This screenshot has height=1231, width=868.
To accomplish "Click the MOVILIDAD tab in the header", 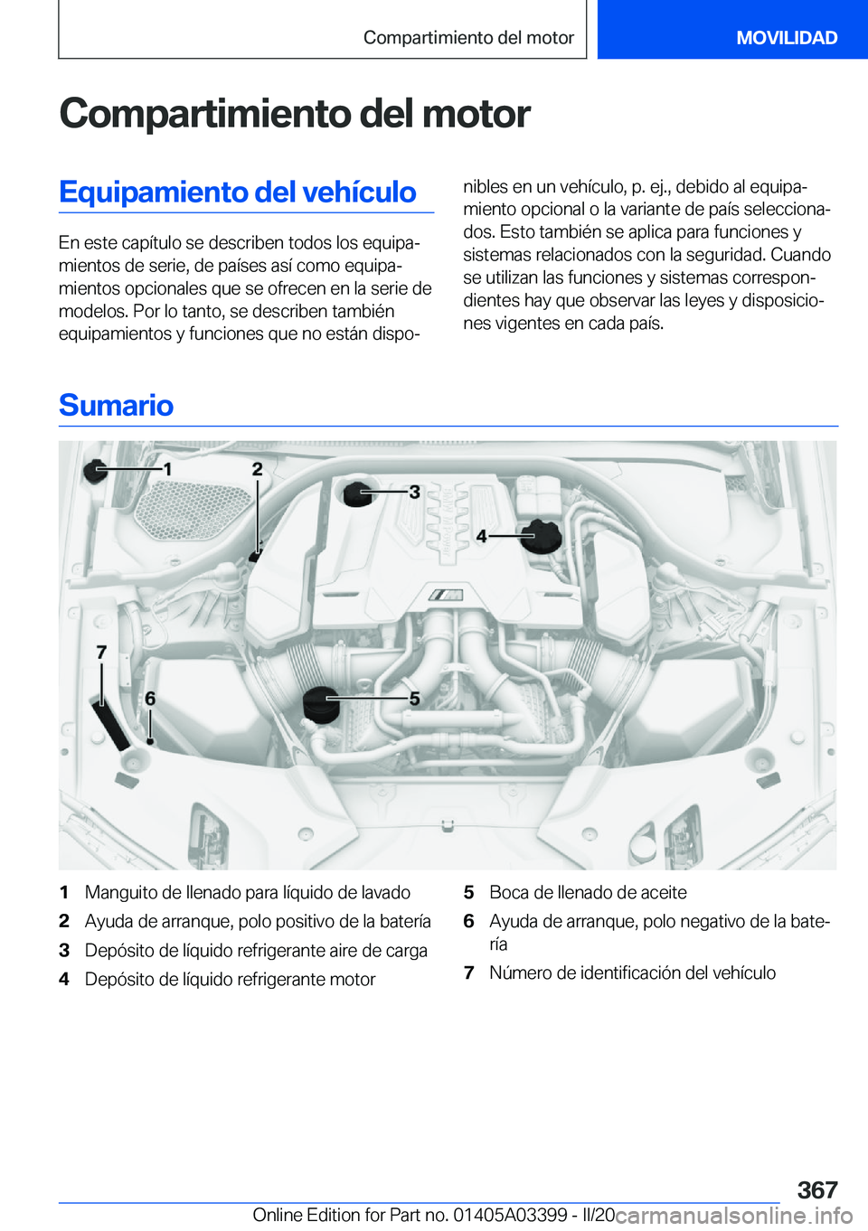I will [x=786, y=38].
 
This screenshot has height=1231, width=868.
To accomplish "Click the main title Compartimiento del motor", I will [x=295, y=114].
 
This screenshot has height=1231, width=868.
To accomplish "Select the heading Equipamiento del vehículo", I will [x=238, y=193].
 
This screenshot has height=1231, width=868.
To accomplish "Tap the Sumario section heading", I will [x=117, y=406].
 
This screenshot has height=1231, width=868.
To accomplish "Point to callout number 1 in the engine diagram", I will [x=167, y=469].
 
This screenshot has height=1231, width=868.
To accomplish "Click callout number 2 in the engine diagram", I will [x=258, y=468].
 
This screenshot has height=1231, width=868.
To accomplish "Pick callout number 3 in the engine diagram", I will [x=414, y=492].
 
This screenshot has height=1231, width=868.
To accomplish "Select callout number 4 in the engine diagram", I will [x=482, y=536].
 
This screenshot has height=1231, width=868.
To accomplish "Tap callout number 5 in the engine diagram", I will [x=414, y=698].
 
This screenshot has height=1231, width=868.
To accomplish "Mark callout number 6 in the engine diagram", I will [x=150, y=698].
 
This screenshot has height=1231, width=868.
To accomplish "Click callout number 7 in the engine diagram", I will [x=101, y=652].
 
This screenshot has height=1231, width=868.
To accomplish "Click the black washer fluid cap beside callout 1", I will [x=96, y=469].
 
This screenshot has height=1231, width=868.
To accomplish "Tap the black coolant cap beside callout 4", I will [x=542, y=536].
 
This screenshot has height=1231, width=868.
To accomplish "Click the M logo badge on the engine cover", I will [x=447, y=595].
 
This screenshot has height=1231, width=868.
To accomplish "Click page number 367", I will [x=817, y=1189].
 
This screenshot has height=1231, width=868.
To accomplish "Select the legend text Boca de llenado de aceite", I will [x=588, y=893].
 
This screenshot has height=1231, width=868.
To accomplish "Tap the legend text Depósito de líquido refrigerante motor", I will [x=230, y=980].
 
